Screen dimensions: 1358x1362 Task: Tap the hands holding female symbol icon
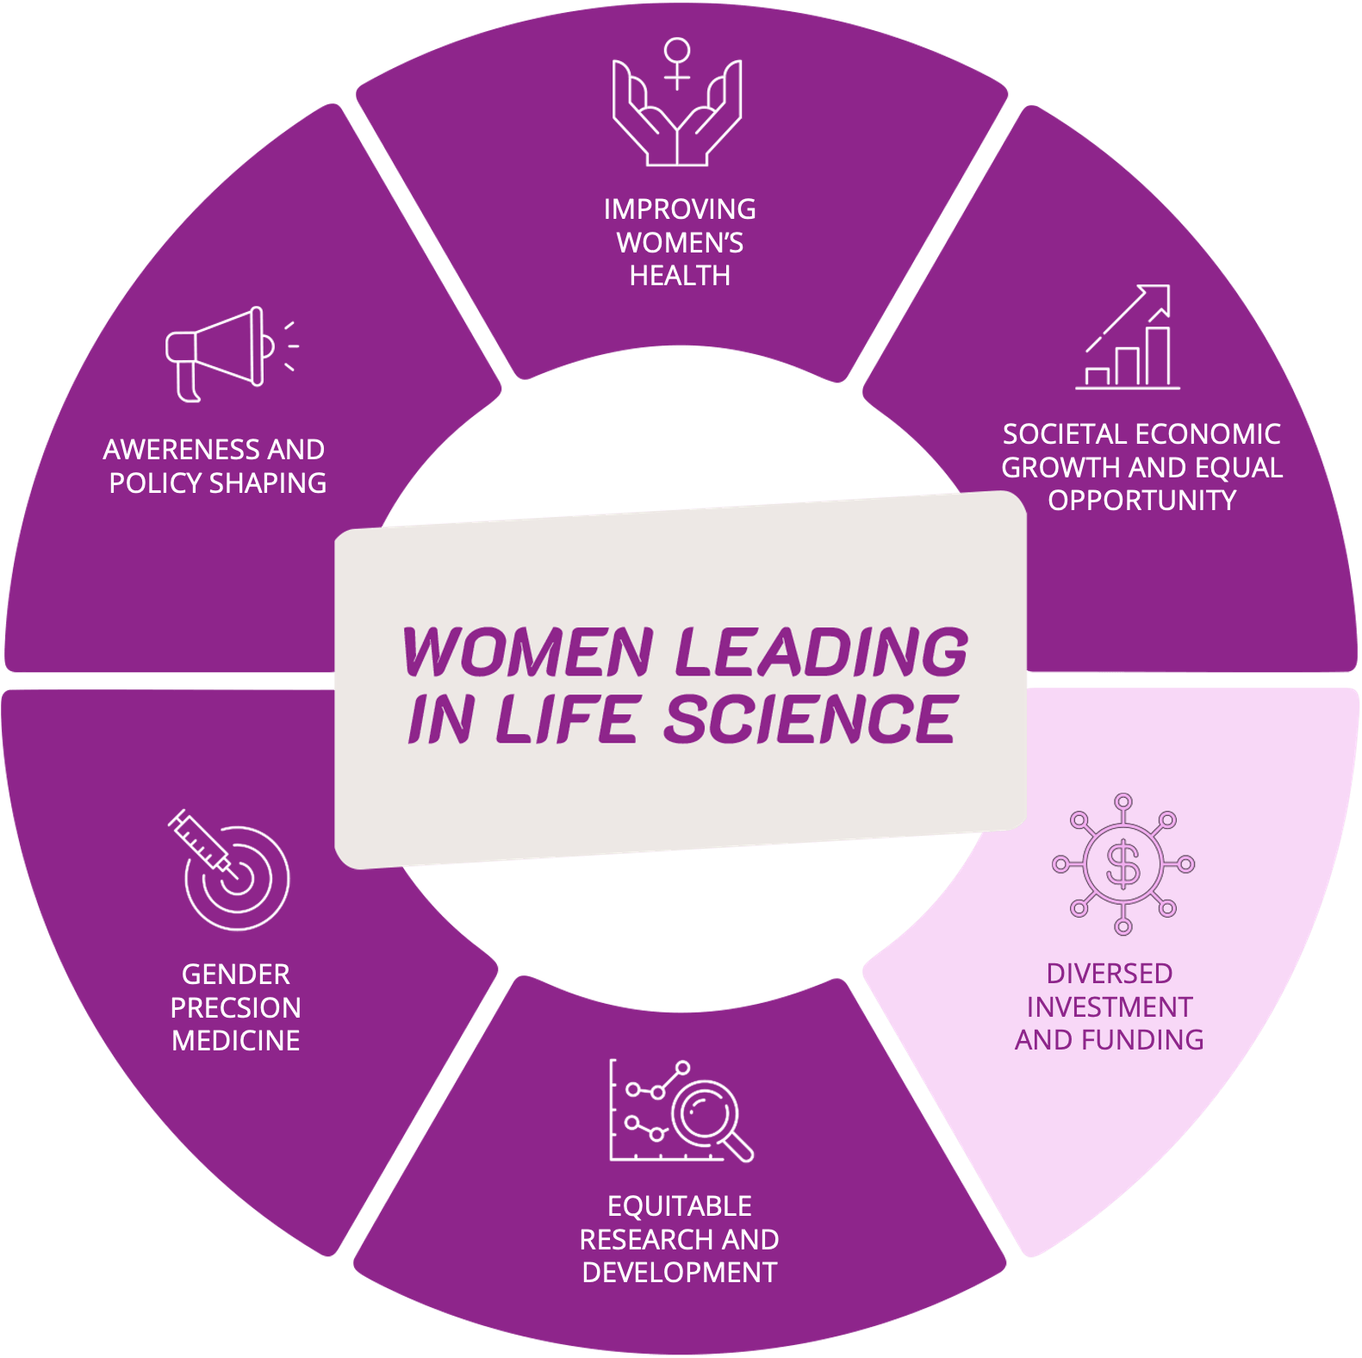point(677,103)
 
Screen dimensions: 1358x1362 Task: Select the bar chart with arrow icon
point(1128,338)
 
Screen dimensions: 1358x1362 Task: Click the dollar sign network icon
point(1123,864)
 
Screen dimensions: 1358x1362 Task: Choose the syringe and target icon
point(229,870)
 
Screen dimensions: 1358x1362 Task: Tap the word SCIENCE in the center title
point(810,719)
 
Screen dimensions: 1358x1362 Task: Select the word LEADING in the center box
point(821,651)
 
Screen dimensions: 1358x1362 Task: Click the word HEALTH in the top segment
point(680,276)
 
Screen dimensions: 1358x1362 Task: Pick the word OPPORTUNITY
point(1142,501)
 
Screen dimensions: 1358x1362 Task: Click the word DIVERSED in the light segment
point(1109,974)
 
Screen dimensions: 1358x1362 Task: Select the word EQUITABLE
point(680,1205)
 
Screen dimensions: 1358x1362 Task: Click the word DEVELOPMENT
point(680,1273)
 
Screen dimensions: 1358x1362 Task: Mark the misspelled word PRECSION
point(235,1007)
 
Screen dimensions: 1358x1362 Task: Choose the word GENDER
point(235,975)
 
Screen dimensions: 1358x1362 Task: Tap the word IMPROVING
point(680,209)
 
